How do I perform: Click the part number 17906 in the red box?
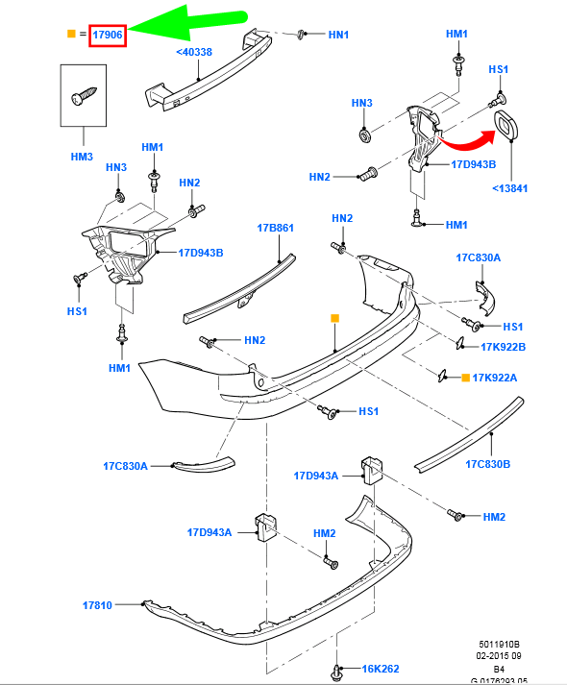(x=108, y=35)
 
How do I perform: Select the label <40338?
(x=194, y=52)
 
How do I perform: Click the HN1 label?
(x=338, y=35)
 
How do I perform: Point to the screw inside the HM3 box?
(x=84, y=96)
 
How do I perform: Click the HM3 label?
(x=82, y=157)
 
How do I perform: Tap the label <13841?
(x=509, y=188)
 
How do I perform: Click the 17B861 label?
(x=275, y=228)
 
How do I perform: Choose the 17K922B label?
(x=504, y=347)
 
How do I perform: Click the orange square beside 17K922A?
(x=466, y=378)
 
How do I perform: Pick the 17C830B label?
(x=487, y=464)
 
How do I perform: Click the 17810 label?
(x=97, y=605)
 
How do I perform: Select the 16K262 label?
(x=380, y=669)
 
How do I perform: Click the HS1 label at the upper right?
(x=499, y=69)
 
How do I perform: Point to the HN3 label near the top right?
(x=362, y=103)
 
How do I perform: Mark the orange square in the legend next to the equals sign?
(x=71, y=34)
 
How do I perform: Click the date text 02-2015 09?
(x=499, y=655)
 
